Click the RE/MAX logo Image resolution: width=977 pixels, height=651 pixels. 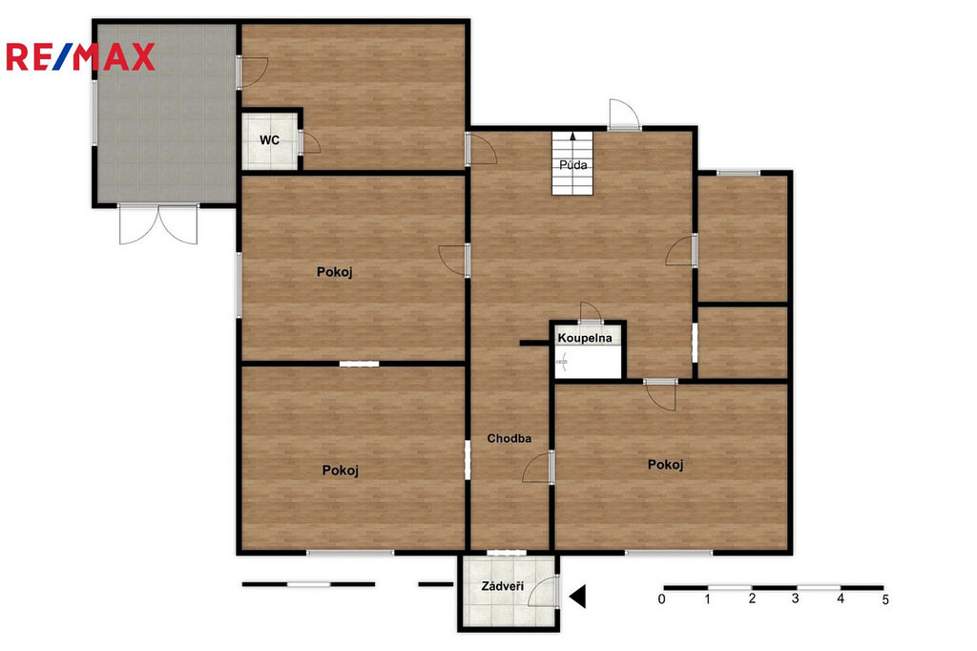(80, 56)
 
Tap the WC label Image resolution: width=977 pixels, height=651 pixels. (269, 140)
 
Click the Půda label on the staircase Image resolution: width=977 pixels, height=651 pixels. (572, 165)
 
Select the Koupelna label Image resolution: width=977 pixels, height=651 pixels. (585, 338)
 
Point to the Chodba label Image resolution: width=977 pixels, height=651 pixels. (509, 438)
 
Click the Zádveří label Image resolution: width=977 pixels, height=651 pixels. (502, 586)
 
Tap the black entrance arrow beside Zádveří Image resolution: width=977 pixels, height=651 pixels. (577, 597)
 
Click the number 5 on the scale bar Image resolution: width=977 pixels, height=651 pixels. (884, 599)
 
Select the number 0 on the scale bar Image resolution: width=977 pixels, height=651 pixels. (662, 599)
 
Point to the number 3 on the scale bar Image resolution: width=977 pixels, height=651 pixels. (795, 598)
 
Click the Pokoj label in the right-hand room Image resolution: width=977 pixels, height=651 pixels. (665, 465)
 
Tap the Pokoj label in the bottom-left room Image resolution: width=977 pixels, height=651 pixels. (341, 471)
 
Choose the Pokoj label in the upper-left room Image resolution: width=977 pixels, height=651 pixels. (335, 272)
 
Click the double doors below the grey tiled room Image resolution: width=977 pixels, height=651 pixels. (158, 223)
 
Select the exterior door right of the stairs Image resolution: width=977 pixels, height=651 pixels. (624, 115)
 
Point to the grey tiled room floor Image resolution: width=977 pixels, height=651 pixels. (166, 113)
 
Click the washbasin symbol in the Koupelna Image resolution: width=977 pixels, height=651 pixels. (563, 361)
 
